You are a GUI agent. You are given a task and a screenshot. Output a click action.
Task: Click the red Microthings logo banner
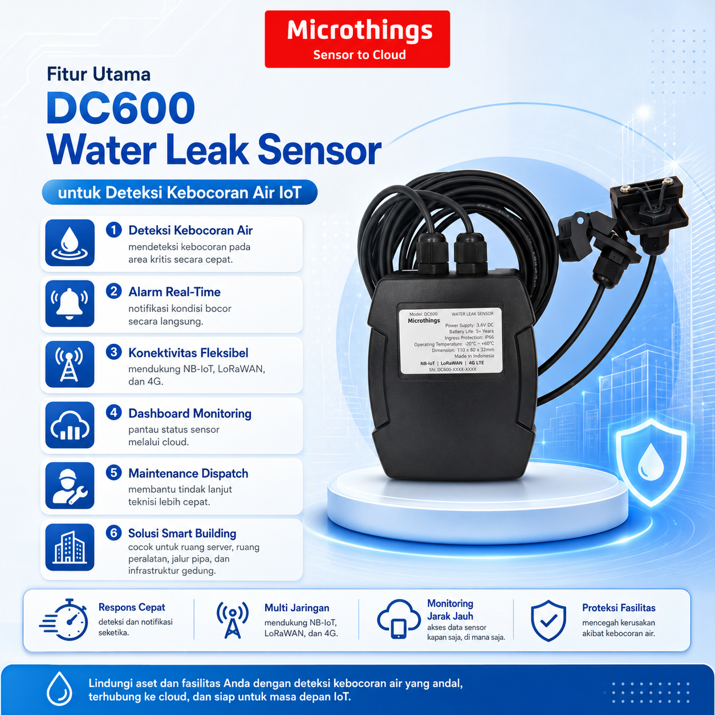coord(357,39)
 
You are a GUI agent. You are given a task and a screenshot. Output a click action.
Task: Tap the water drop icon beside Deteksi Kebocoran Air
coord(70,243)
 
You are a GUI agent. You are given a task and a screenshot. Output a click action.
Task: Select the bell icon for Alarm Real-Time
coord(70,303)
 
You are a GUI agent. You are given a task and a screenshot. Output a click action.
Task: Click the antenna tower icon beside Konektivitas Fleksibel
coord(70,364)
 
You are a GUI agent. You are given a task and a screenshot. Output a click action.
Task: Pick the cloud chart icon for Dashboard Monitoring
coord(70,425)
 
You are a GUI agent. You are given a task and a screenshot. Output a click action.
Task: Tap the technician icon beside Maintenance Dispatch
coord(70,485)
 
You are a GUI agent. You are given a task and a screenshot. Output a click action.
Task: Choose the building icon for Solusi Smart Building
coord(70,547)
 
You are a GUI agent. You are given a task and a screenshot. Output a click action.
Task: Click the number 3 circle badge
coord(114,352)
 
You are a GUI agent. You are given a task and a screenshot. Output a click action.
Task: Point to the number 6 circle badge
coord(114,533)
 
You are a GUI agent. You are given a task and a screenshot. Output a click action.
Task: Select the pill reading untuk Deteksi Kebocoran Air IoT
coord(180,193)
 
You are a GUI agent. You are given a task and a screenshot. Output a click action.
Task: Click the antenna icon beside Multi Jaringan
coord(233,620)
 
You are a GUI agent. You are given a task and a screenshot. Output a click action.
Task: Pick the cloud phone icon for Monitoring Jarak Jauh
coord(399,619)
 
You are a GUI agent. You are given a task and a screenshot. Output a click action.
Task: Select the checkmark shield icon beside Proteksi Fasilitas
coord(549,621)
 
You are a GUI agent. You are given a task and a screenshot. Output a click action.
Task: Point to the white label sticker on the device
coord(451,340)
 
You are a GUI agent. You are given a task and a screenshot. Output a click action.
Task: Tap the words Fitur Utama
coord(99,74)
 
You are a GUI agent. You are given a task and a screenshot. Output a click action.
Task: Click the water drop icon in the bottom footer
coord(59,689)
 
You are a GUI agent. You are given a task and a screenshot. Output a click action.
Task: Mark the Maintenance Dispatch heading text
coord(188,473)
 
